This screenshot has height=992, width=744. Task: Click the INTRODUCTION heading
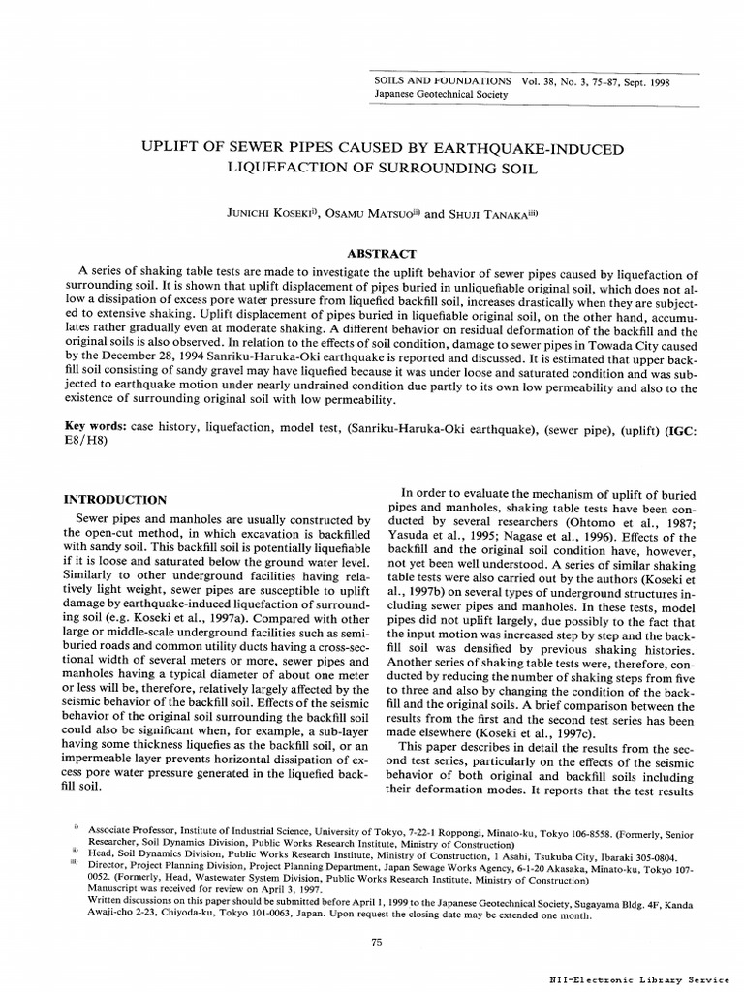[116, 500]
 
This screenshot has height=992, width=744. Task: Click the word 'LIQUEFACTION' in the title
[281, 169]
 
